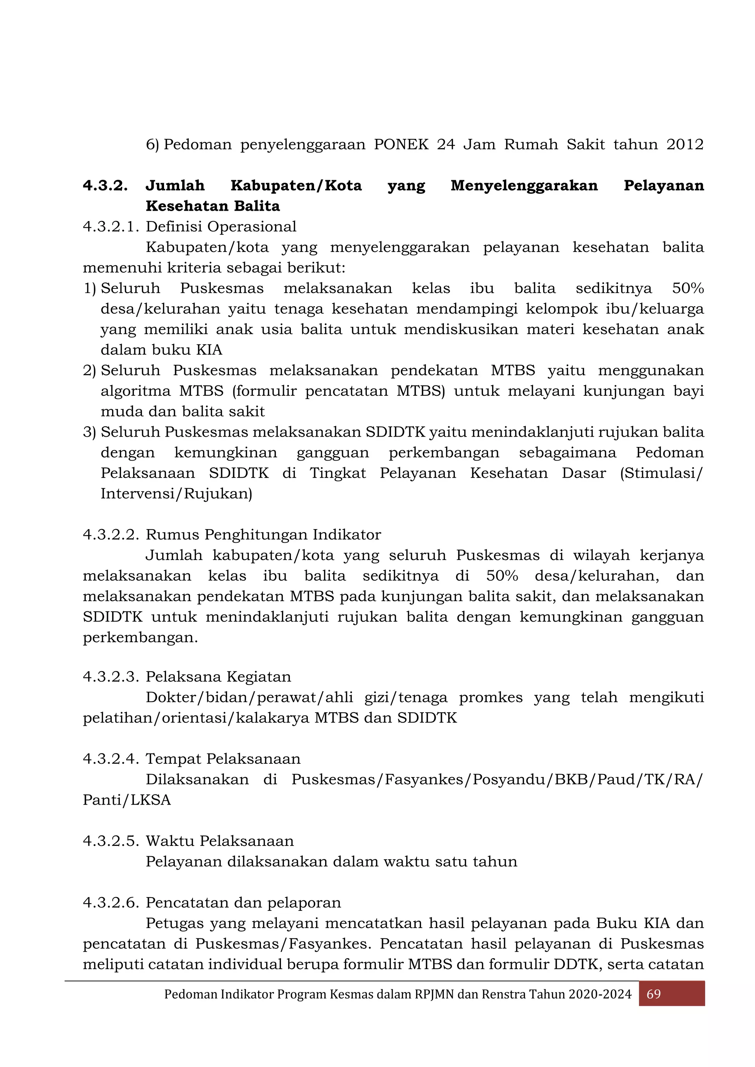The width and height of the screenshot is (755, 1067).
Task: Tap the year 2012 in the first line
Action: [x=685, y=144]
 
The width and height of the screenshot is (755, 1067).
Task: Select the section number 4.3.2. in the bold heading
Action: [x=105, y=185]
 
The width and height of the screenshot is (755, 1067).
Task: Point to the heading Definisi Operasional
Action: [x=221, y=227]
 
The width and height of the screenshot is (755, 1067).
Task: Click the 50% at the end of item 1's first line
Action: [x=688, y=288]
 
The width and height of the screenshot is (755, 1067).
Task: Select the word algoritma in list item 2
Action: [x=136, y=391]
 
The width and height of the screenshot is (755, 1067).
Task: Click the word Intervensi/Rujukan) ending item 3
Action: [x=176, y=494]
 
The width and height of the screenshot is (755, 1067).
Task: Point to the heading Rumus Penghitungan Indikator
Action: [x=263, y=535]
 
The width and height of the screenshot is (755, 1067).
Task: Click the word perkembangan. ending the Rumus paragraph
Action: [x=140, y=638]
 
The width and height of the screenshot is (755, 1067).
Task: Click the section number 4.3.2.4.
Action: [x=111, y=759]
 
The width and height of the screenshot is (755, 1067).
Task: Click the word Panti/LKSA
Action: [x=126, y=800]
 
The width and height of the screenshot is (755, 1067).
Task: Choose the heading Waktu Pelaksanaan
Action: [x=219, y=841]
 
